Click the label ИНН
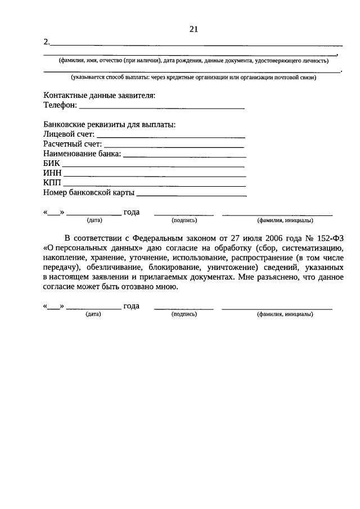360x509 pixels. click(52, 173)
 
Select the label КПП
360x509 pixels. click(52, 183)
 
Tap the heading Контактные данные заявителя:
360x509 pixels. click(99, 95)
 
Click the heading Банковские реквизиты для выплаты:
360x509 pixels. click(109, 124)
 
